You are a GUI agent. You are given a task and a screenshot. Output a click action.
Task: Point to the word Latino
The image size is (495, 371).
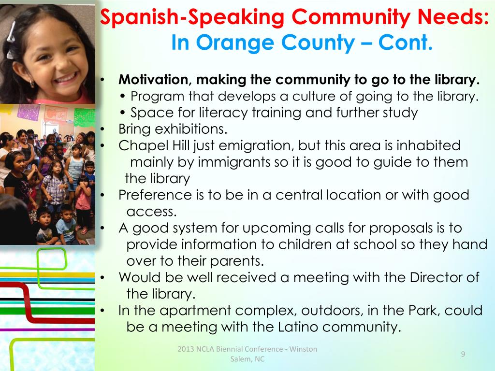click(299, 327)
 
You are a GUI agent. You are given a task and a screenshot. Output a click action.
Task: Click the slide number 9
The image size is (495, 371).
click(463, 355)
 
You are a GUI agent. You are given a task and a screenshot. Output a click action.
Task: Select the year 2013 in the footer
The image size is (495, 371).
click(184, 349)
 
